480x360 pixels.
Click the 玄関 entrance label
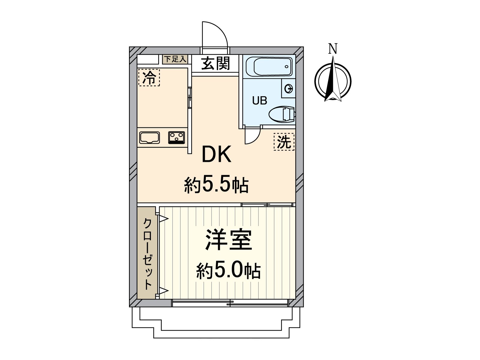pos(215,64)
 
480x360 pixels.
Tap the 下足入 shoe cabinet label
pos(175,59)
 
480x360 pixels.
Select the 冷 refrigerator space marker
pos(149,77)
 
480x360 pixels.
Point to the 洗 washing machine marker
pos(284,142)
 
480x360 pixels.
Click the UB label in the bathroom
pos(259,100)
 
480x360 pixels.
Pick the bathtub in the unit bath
pos(269,67)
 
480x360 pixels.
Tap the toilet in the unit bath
pos(282,114)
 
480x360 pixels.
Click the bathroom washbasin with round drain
pos(288,89)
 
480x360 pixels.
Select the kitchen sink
pos(149,138)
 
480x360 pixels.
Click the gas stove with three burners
pos(176,138)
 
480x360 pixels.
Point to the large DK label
pos(216,154)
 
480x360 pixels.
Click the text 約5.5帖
pos(216,185)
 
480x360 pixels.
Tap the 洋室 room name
pos(228,240)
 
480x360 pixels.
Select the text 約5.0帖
pos(228,271)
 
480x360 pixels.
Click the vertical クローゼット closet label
pos(147,253)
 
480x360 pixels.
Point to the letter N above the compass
pos(333,49)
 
